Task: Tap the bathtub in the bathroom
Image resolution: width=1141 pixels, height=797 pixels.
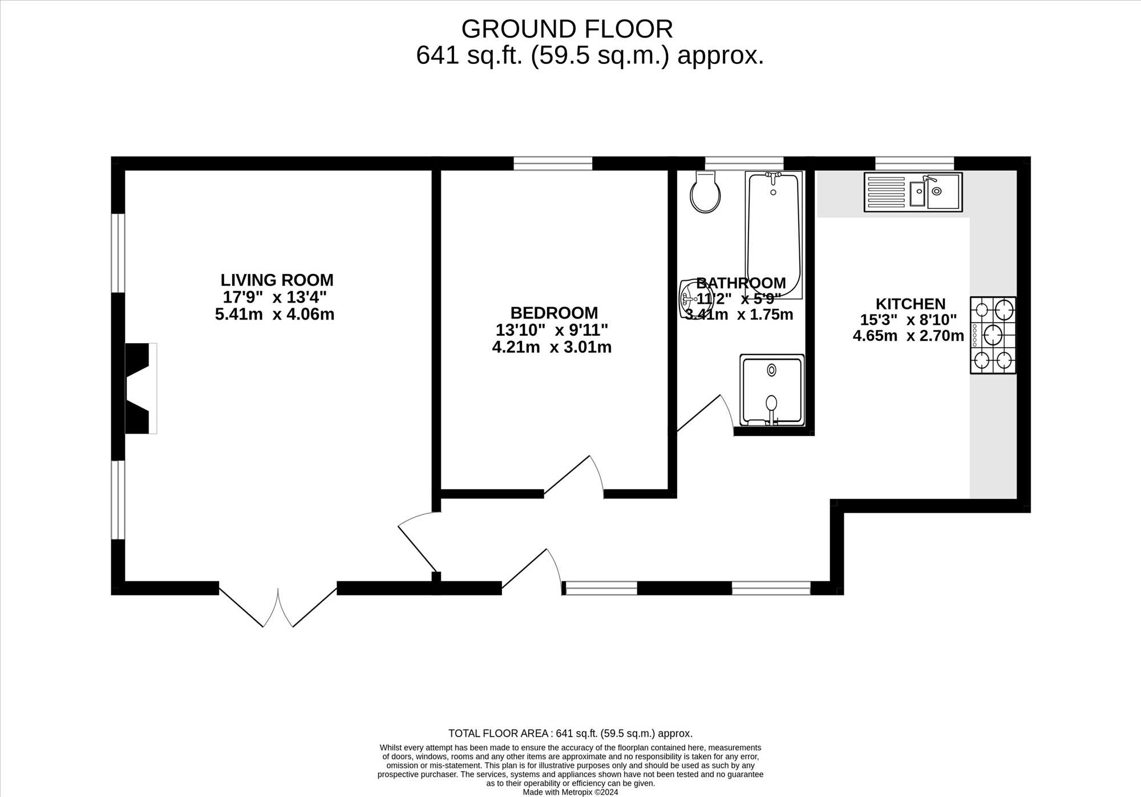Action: pos(774,235)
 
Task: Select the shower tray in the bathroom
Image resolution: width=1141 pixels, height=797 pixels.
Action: pos(772,391)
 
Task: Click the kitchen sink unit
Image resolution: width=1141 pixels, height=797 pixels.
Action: pos(913,192)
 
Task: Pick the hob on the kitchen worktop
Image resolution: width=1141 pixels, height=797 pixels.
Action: pos(993,335)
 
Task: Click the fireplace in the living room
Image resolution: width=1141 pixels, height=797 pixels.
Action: pos(140,388)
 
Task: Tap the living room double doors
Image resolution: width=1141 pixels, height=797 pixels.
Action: pos(278,605)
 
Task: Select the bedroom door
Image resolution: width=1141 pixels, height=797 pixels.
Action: pos(573,477)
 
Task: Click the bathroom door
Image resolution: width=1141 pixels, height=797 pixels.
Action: pos(705,414)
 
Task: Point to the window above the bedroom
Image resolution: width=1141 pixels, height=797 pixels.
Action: pos(553,164)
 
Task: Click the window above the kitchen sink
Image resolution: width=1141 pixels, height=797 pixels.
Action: pos(915,164)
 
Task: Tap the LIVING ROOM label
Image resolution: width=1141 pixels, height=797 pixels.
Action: pos(277,280)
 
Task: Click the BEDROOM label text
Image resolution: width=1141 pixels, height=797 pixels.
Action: pos(554,313)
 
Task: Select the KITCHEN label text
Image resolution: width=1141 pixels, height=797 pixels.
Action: pos(911,304)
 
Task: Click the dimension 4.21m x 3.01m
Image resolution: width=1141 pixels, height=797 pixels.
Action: pos(552,347)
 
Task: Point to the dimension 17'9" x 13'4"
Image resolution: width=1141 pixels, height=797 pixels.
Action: pos(274,297)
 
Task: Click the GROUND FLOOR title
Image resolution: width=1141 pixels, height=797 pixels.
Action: pos(567,29)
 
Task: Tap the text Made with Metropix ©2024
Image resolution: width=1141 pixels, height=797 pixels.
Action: pos(570,792)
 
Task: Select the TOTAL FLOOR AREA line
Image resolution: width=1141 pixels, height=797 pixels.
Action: pos(570,734)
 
